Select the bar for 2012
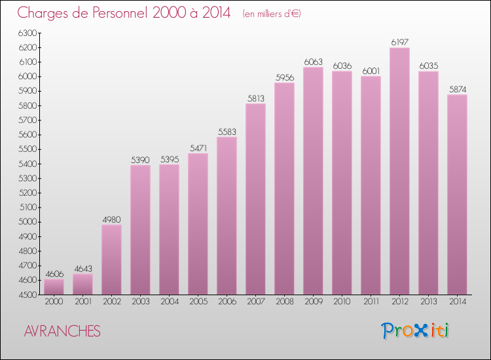click(399, 171)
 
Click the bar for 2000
click(54, 287)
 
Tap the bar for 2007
click(255, 199)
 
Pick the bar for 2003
click(140, 230)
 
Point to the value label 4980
click(111, 219)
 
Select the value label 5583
click(227, 132)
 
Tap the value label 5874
click(457, 89)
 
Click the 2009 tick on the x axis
click(313, 302)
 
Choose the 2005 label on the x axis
click(198, 302)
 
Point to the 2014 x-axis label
click(457, 302)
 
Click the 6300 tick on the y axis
click(27, 33)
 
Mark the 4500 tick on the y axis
click(27, 295)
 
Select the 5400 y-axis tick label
click(27, 164)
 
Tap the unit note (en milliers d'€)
click(271, 14)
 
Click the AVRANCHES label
click(62, 332)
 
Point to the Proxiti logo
click(415, 331)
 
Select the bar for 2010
click(342, 183)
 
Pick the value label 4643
click(82, 268)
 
